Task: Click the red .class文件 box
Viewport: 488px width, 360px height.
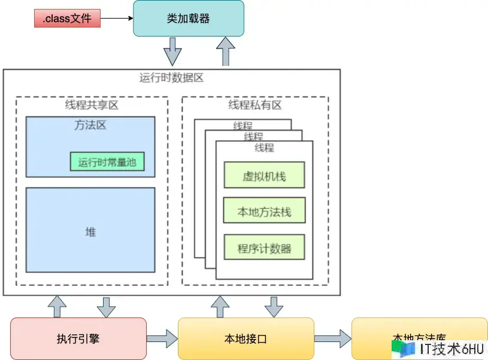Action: click(x=67, y=19)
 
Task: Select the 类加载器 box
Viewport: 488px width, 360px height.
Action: click(x=188, y=19)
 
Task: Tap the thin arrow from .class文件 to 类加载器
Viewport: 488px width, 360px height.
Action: click(x=116, y=19)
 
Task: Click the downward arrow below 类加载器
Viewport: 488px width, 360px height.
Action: click(x=172, y=52)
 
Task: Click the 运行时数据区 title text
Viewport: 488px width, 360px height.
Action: click(x=172, y=78)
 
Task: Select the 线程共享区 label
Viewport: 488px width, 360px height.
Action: click(x=92, y=105)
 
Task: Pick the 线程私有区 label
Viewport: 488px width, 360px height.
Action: click(x=255, y=105)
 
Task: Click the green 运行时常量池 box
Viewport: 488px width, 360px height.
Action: click(x=107, y=162)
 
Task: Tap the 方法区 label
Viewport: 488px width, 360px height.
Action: click(x=90, y=126)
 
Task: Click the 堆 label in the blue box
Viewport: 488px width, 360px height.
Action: click(x=90, y=232)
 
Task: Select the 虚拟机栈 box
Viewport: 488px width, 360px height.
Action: click(x=264, y=176)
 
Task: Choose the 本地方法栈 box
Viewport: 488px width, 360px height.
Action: click(x=264, y=211)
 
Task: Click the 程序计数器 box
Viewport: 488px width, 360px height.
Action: click(x=264, y=247)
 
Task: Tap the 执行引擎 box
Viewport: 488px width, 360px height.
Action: click(x=78, y=339)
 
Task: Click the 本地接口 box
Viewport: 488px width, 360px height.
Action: click(x=246, y=339)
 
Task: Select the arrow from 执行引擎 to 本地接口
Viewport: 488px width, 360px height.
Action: click(x=162, y=339)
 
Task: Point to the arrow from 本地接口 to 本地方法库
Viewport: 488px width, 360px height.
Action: click(x=333, y=339)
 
